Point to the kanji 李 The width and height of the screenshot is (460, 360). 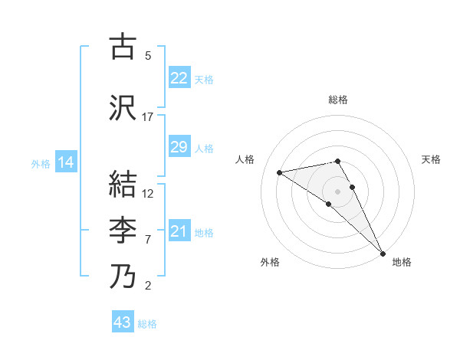coord(123,230)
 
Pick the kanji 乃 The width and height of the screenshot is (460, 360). coord(123,276)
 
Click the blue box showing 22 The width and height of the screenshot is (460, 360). coord(179,78)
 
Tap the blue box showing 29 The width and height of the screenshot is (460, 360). coord(179,147)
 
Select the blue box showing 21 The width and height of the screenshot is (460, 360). coord(179,231)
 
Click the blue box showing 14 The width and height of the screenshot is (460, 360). coord(65,162)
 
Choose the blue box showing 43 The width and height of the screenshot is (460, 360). coord(123,322)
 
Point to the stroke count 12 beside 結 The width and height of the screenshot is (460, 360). coord(148,193)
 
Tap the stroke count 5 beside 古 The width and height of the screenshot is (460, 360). coord(148,55)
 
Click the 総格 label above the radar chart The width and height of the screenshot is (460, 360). coord(338,100)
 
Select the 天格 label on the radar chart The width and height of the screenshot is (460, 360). coord(431,159)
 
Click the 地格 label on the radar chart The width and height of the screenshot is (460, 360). coord(402,262)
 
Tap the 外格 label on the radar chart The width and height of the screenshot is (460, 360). coord(269,262)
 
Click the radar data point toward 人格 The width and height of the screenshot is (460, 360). coord(280,172)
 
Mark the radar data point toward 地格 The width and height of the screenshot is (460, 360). coord(383,254)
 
